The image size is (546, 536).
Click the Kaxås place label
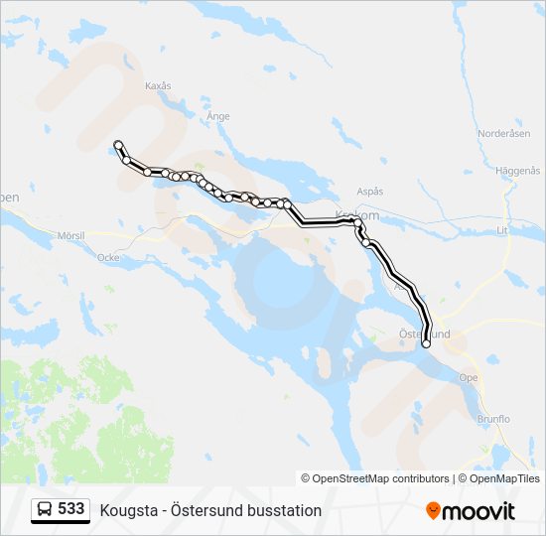point(158,86)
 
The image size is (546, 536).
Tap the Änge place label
point(217,116)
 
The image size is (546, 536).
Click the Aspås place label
point(369,192)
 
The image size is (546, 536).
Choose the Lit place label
point(501,229)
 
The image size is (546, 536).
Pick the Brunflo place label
point(492,419)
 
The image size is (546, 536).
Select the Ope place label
point(469,377)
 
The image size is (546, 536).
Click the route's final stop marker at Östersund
point(426,344)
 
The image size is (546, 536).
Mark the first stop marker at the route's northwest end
point(118,144)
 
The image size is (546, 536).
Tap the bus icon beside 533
point(45,510)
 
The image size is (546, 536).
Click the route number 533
point(71,509)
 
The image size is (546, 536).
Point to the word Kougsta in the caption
point(127,510)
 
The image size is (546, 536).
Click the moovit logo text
point(479,511)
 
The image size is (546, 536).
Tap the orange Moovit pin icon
point(433,511)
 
